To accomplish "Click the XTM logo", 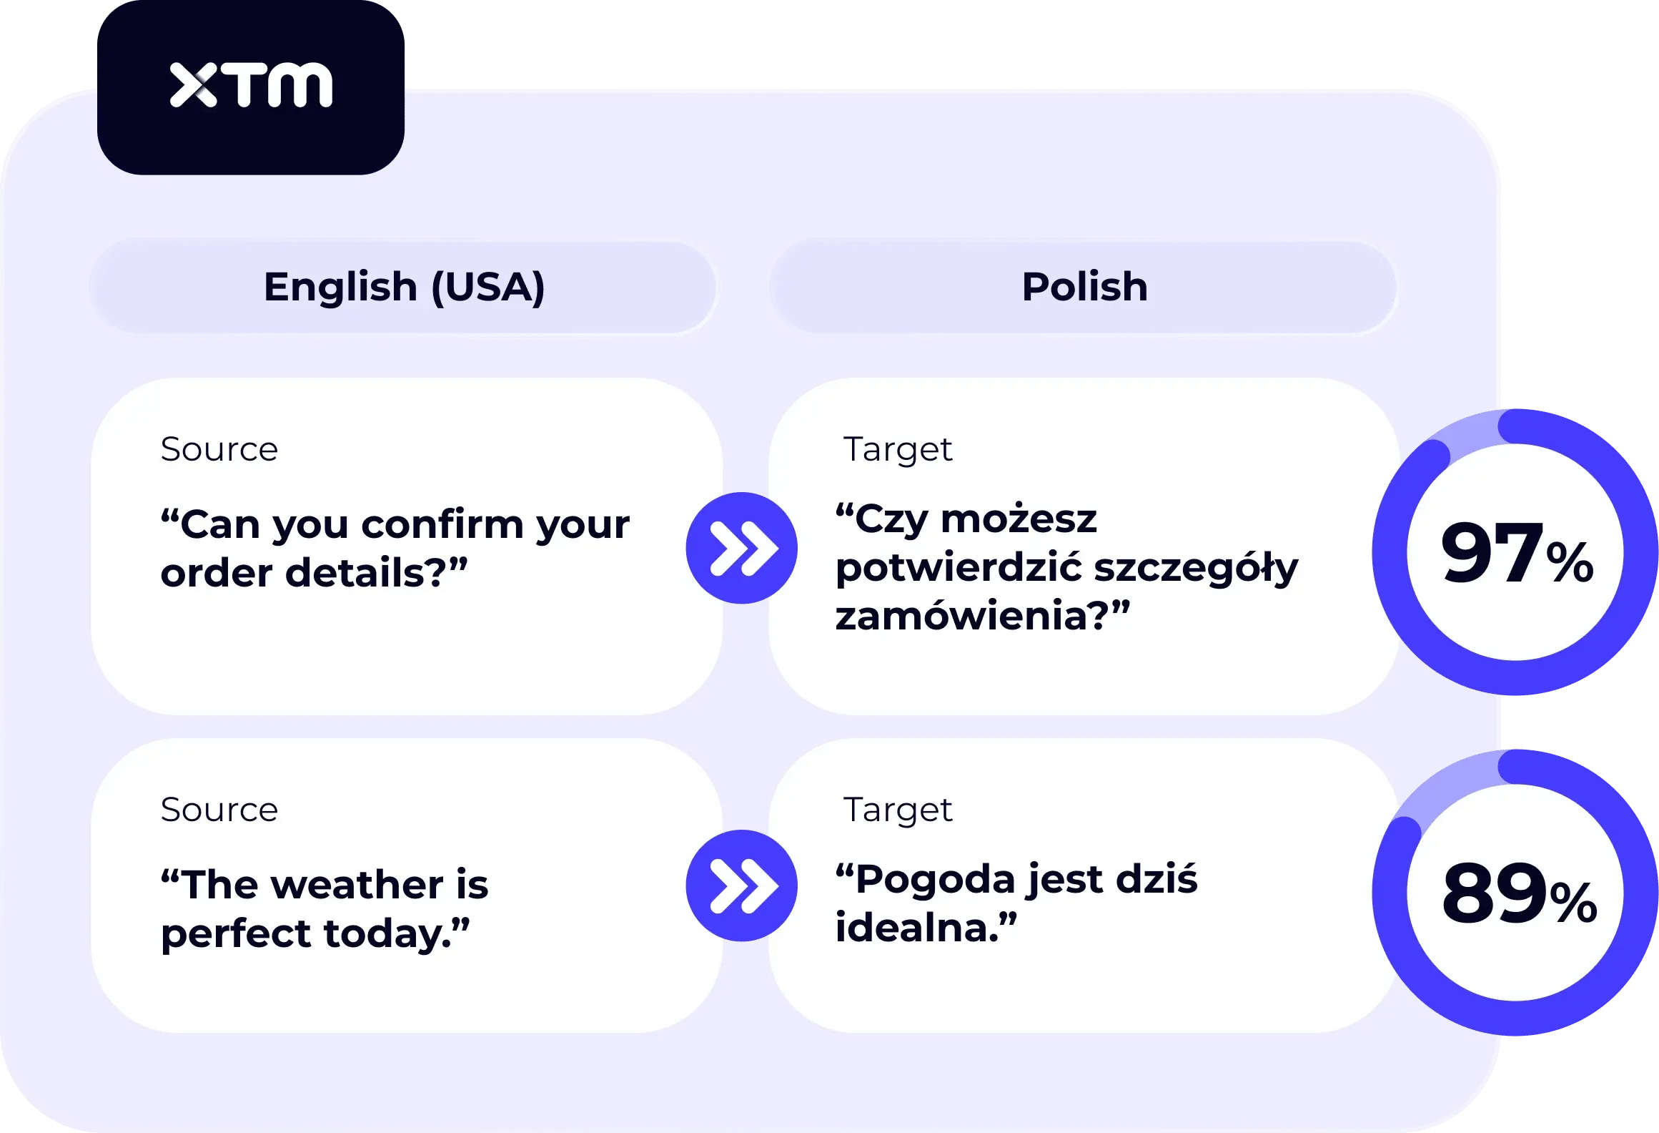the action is coord(251,85).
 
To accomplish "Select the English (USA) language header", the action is coord(404,287).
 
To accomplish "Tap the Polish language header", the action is coord(1084,287).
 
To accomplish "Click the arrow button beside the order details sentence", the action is coord(742,548).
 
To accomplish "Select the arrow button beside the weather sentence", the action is coord(742,886).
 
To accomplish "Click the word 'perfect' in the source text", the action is coord(236,934).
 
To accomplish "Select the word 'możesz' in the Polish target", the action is coord(1019,519).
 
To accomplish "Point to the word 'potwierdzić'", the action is coord(959,568).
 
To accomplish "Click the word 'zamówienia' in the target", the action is coord(961,616).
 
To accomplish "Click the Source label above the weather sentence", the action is coord(219,810).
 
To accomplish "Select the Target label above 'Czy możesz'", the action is coord(898,450).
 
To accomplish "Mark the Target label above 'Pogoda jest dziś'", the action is coord(898,810).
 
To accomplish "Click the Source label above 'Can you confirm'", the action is coord(219,450).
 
